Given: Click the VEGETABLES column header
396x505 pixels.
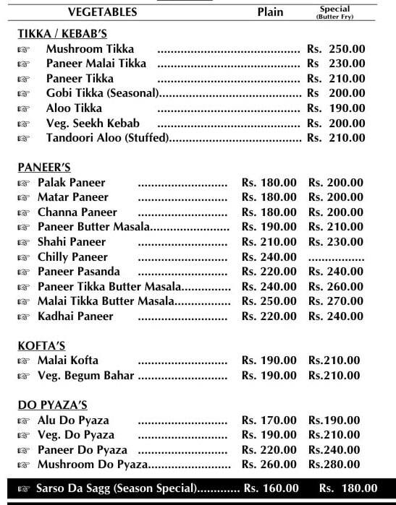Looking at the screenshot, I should coord(102,12).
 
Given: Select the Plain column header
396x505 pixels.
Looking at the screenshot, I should coord(270,12).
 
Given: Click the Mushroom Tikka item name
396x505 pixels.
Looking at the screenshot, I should coord(90,49).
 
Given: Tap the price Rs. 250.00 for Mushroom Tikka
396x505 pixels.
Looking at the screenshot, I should coord(336,49).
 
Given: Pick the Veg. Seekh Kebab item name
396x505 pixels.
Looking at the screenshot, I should coord(93,123).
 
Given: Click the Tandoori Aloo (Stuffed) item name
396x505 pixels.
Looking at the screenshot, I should coord(107,137).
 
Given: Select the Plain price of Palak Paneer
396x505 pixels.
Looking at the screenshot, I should coord(269,182).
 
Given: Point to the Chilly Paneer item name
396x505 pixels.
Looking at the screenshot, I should coord(72,256).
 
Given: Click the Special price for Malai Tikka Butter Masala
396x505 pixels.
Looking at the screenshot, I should coord(336,301).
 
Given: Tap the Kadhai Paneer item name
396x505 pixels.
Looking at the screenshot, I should coord(75,316).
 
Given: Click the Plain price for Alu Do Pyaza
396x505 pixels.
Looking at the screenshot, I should coord(269,420).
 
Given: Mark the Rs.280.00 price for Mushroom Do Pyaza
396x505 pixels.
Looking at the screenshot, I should coord(334,465).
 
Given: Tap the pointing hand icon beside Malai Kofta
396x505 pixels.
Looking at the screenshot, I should coord(23,361).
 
